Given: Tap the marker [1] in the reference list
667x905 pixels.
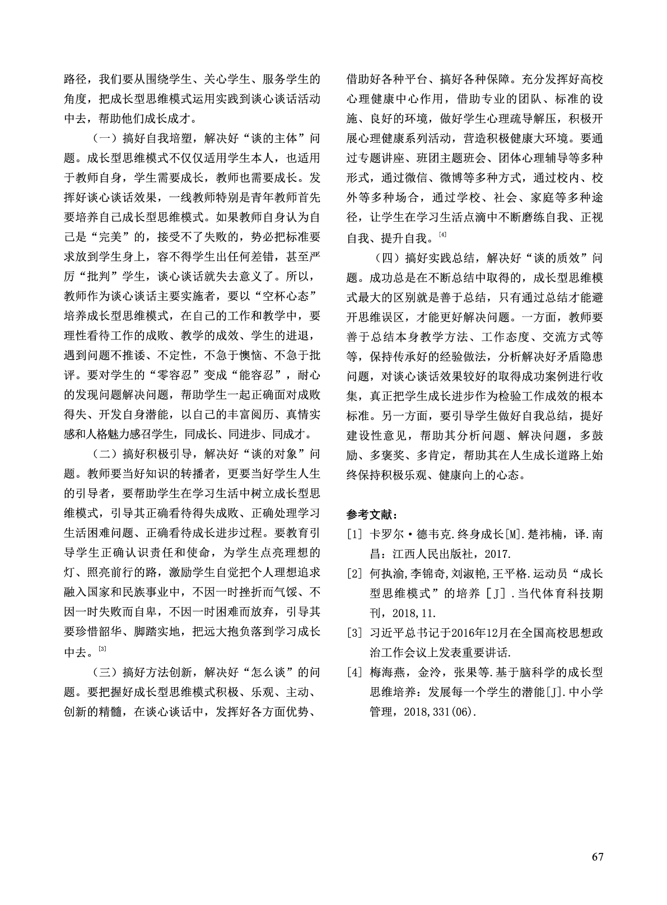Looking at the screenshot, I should pos(355,534).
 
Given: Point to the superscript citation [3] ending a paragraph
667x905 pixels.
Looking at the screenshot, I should pos(102,649).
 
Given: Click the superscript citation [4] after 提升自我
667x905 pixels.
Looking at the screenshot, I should pos(442,234).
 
